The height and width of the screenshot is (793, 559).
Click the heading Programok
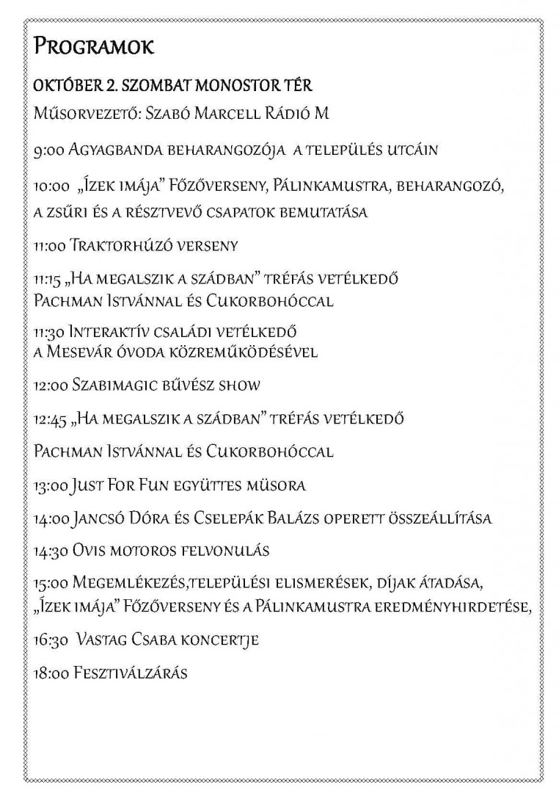coord(94,49)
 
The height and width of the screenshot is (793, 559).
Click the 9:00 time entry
coord(48,151)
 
